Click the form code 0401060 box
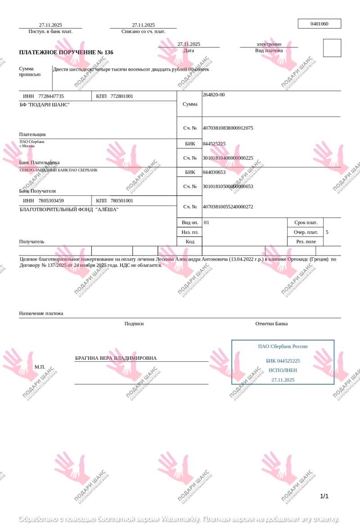tap(319, 24)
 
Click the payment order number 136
tap(109, 53)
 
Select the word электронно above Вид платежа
tap(269, 44)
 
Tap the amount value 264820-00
tap(214, 95)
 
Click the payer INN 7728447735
tap(51, 96)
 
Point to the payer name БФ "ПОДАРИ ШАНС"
tap(45, 105)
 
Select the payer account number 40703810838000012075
tap(228, 128)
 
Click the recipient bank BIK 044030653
tap(214, 172)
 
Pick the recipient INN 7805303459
tap(51, 201)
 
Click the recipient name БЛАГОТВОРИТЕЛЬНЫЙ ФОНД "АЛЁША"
tap(69, 209)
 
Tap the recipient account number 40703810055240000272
tap(228, 207)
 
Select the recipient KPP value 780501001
tap(122, 201)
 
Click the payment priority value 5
tap(327, 233)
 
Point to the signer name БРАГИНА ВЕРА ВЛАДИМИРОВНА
tap(116, 358)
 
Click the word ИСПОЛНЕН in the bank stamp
tap(283, 370)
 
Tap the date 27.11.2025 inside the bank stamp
tap(283, 380)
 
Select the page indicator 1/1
tap(324, 496)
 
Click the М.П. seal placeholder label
tap(40, 367)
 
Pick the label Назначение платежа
tap(41, 314)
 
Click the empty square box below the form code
tap(332, 48)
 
